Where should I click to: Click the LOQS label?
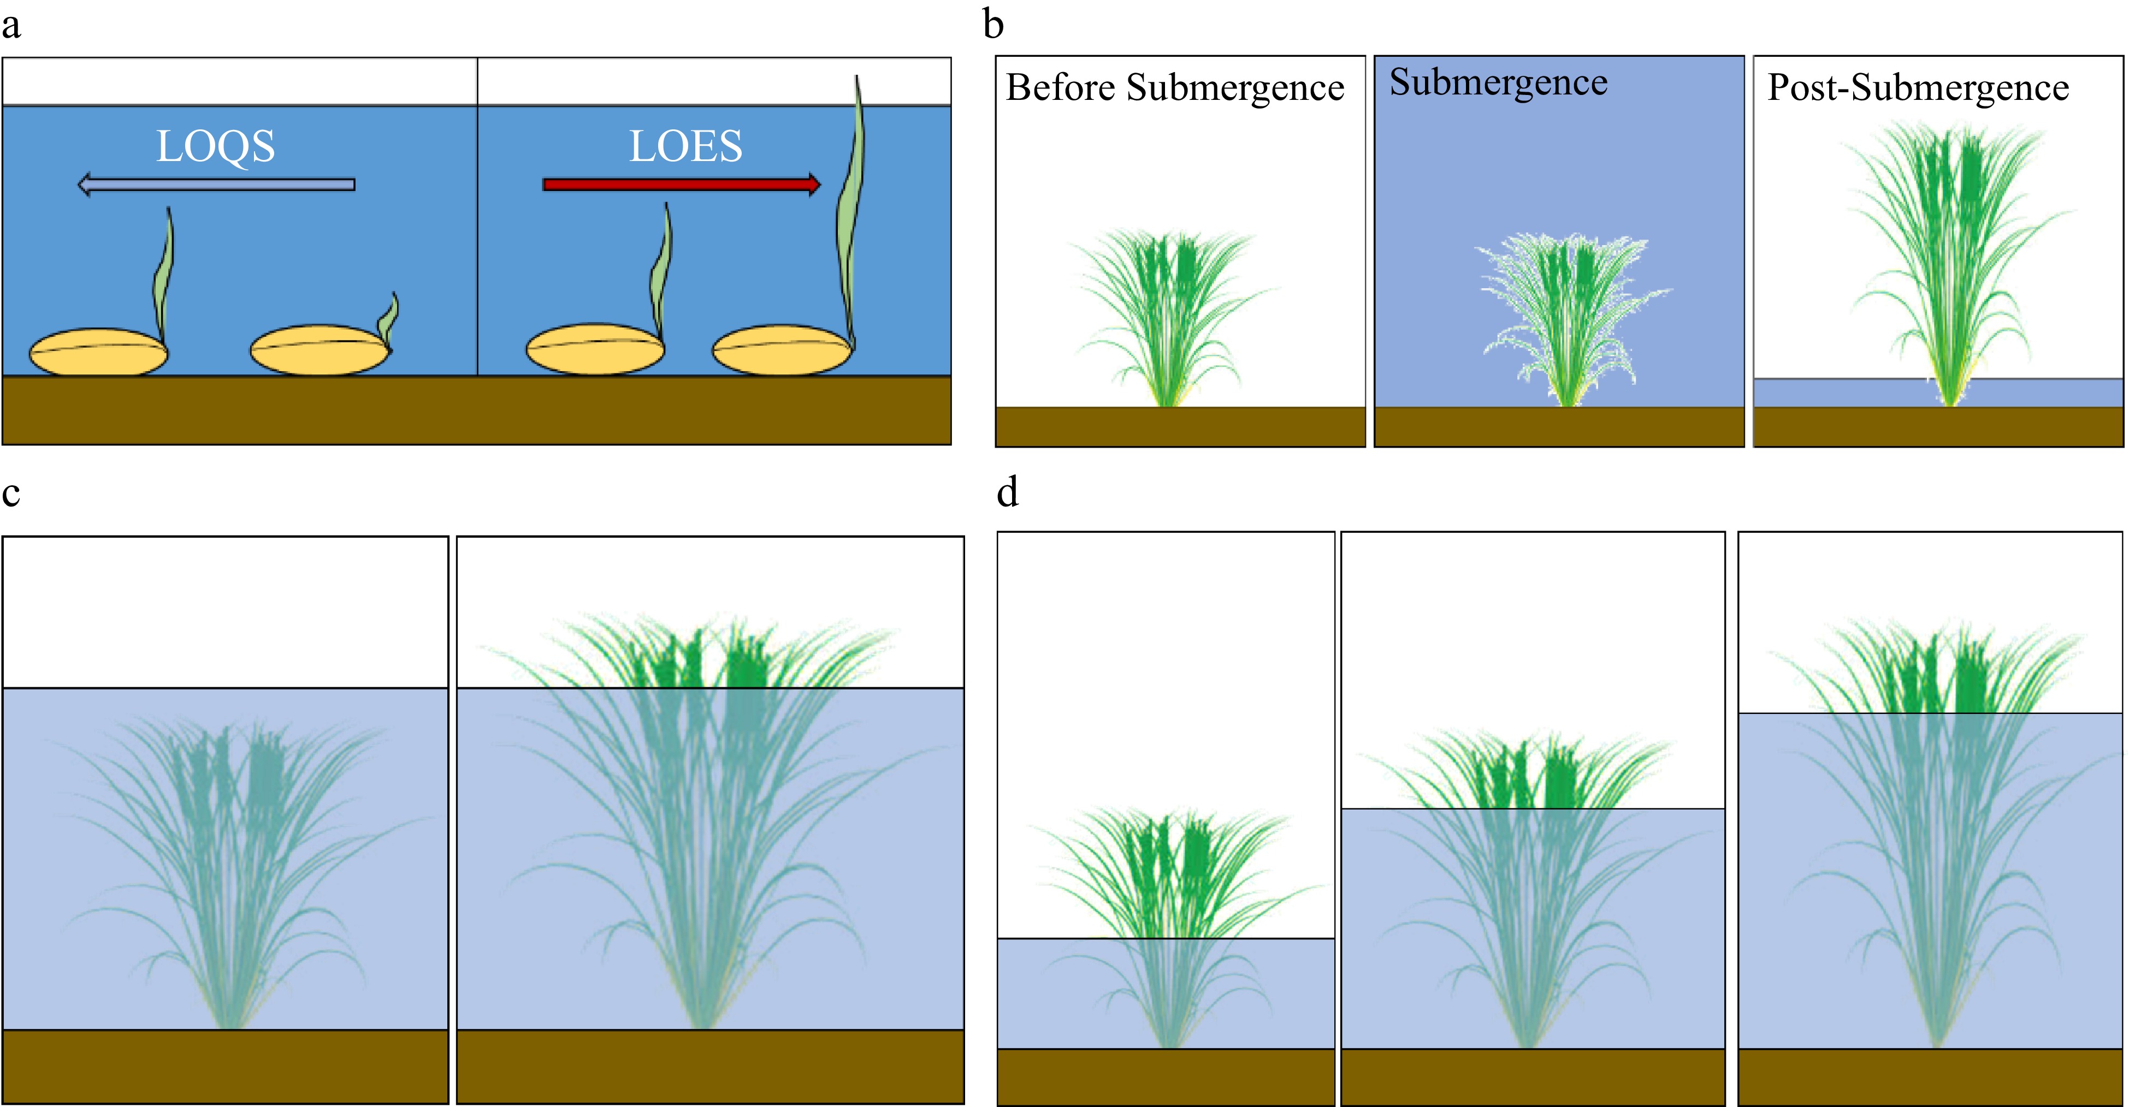click(216, 147)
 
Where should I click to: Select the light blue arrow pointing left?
click(216, 184)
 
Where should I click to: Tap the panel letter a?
click(11, 25)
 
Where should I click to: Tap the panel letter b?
click(993, 25)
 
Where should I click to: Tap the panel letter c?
click(11, 494)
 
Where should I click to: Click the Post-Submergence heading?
click(1918, 87)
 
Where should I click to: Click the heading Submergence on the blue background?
click(1498, 82)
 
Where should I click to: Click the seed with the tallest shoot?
click(782, 349)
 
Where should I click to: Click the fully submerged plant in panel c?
click(227, 867)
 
